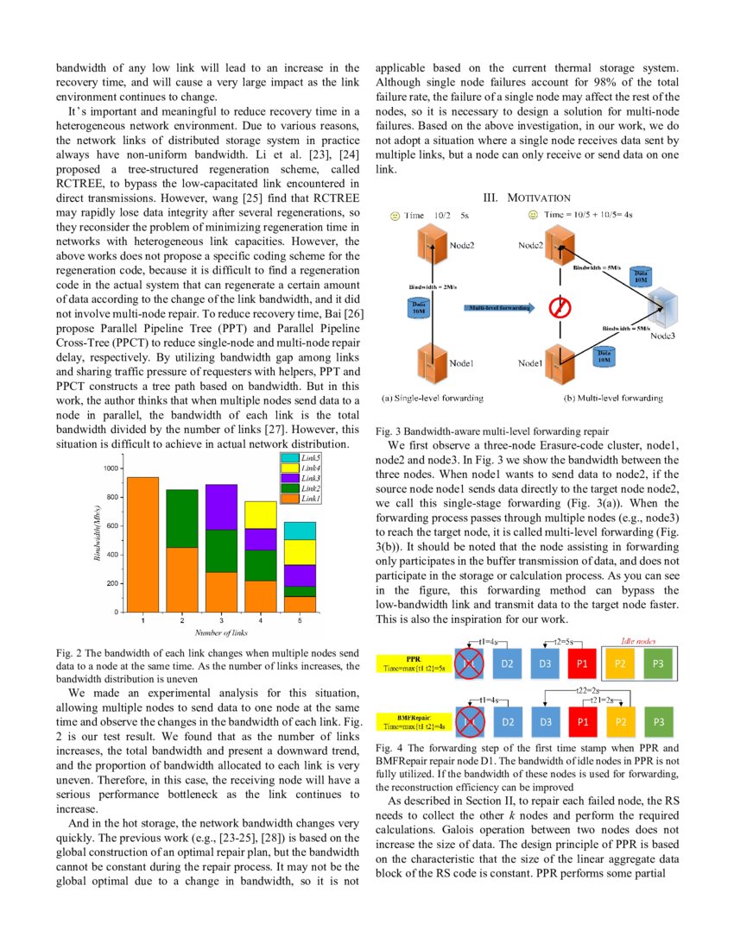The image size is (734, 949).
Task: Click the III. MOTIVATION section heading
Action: tap(526, 198)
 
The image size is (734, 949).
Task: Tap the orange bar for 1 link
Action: tap(143, 544)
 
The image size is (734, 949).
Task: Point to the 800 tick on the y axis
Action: tap(112, 497)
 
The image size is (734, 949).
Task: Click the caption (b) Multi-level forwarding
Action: tap(613, 399)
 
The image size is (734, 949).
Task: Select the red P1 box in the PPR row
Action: tap(583, 664)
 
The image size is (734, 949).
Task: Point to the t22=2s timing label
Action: tap(589, 691)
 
